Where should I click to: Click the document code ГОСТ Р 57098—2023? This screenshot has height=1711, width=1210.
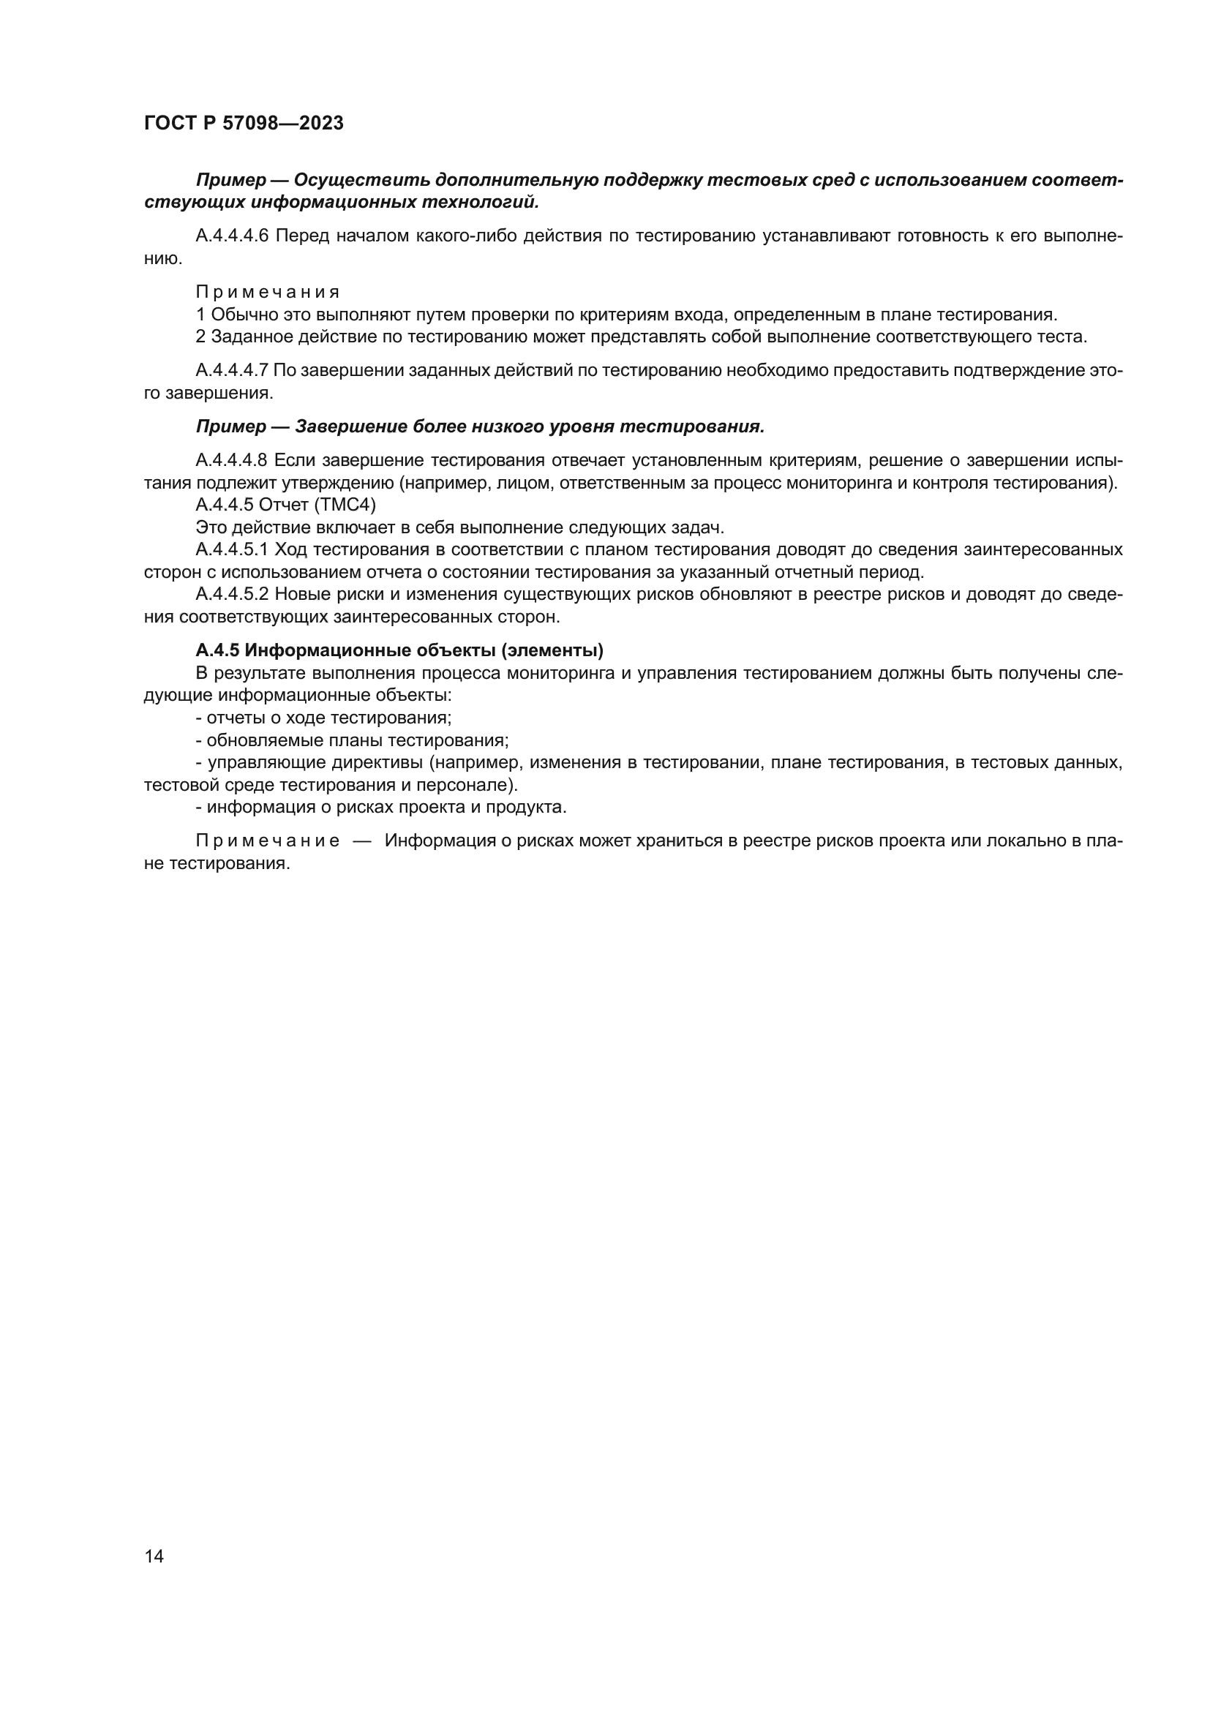tap(244, 123)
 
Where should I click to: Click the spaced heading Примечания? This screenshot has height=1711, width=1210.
tap(268, 291)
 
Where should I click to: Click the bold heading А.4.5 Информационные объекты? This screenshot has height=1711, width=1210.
tap(399, 650)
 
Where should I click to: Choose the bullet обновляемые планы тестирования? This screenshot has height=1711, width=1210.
tap(352, 740)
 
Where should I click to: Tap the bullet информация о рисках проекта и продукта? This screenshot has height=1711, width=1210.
tap(380, 806)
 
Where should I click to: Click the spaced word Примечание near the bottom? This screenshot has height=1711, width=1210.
tap(268, 841)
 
